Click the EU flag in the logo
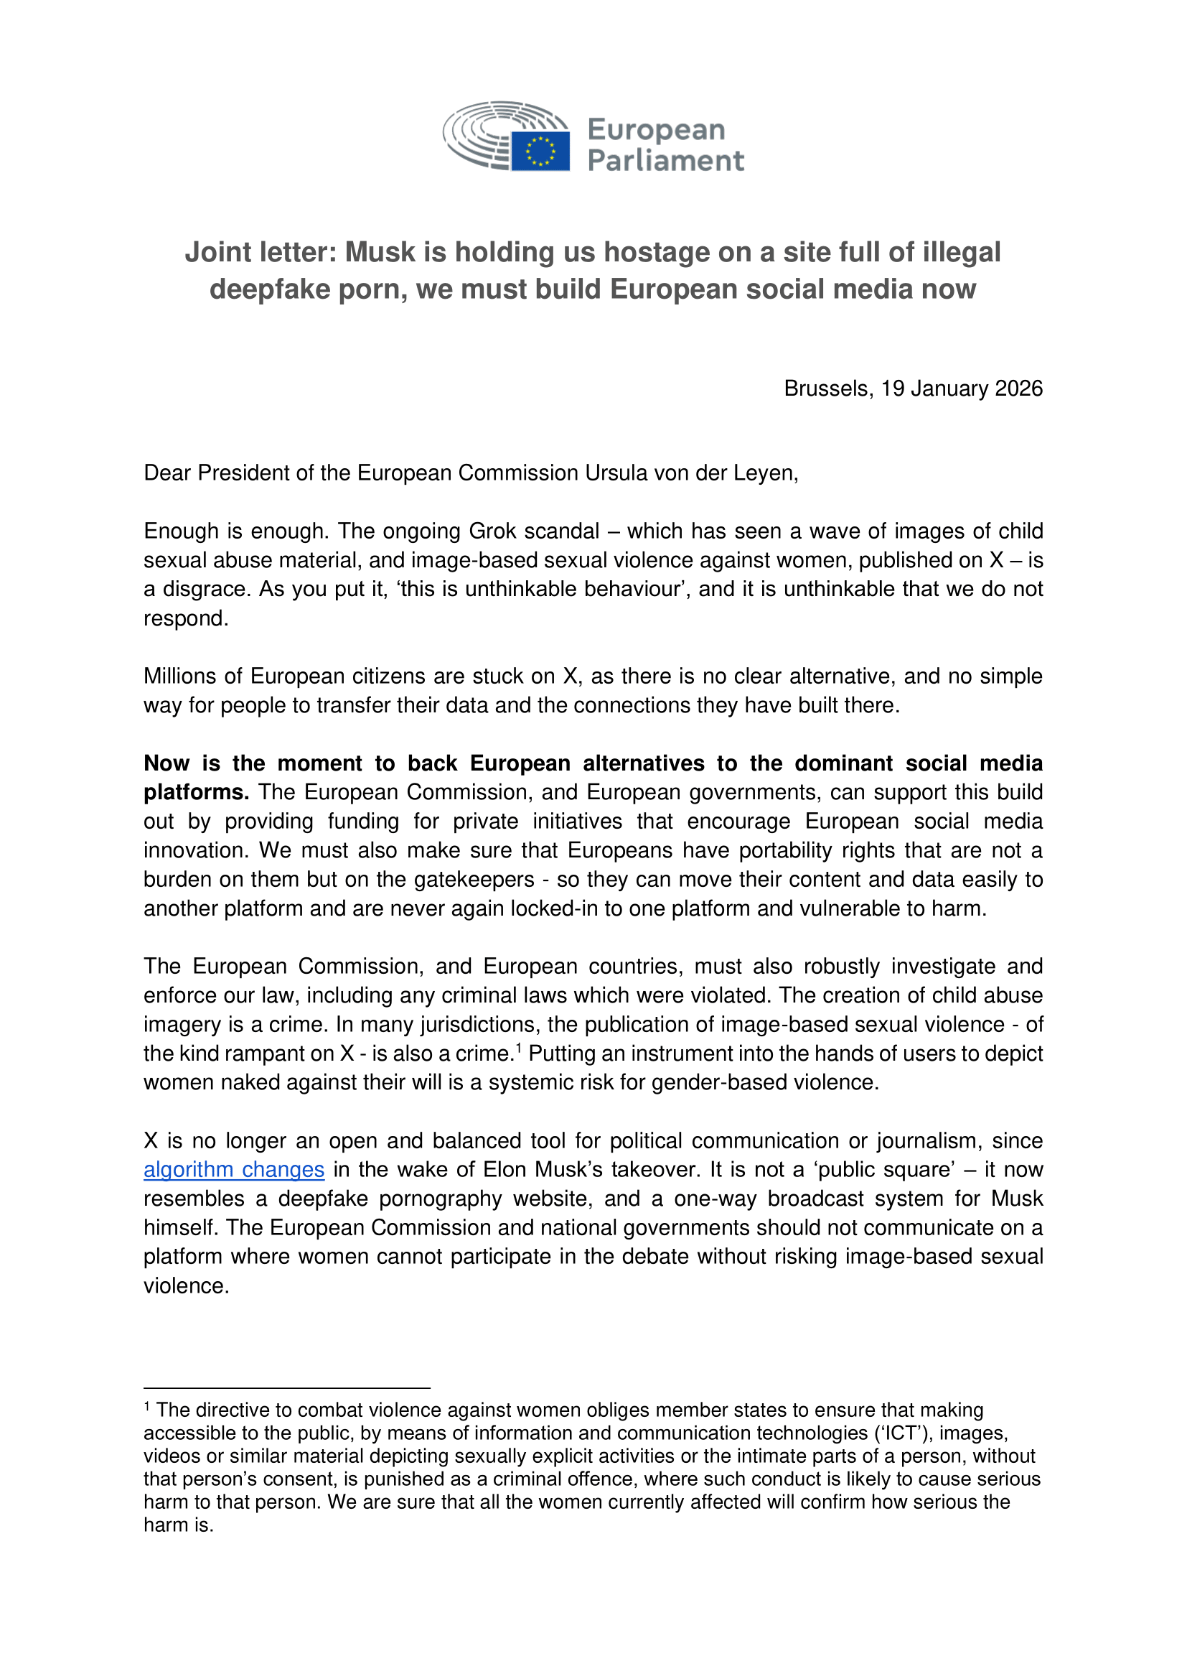pyautogui.click(x=540, y=151)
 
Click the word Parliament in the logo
pyautogui.click(x=665, y=161)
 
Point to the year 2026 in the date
pyautogui.click(x=1018, y=389)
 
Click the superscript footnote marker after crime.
pyautogui.click(x=518, y=1048)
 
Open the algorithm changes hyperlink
pyautogui.click(x=234, y=1170)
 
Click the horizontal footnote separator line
pyautogui.click(x=286, y=1388)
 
